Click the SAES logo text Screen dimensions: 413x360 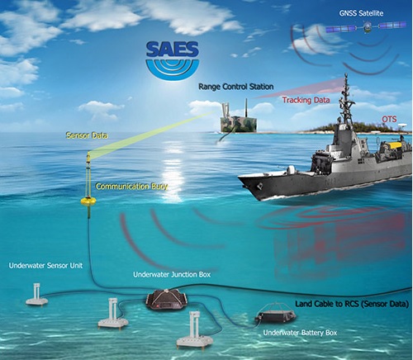[x=173, y=50]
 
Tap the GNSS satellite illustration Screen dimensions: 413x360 [x=366, y=27]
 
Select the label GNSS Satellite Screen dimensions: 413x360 [x=361, y=13]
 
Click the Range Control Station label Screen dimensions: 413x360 [x=236, y=87]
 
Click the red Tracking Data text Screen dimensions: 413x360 [x=306, y=100]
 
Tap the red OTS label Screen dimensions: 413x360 [x=389, y=119]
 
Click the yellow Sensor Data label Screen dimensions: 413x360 [x=87, y=135]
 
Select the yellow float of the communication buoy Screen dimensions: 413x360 [x=88, y=201]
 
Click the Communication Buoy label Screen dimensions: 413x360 [x=131, y=187]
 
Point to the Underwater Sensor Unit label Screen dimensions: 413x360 [x=45, y=266]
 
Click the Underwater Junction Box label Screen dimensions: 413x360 [x=172, y=275]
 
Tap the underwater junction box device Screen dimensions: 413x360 [x=168, y=300]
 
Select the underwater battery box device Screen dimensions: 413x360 [x=276, y=313]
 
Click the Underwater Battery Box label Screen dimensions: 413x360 [x=300, y=333]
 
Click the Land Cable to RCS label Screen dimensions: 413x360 [x=352, y=304]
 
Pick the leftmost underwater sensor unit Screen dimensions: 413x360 [x=37, y=295]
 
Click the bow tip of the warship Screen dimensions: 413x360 [x=239, y=178]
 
